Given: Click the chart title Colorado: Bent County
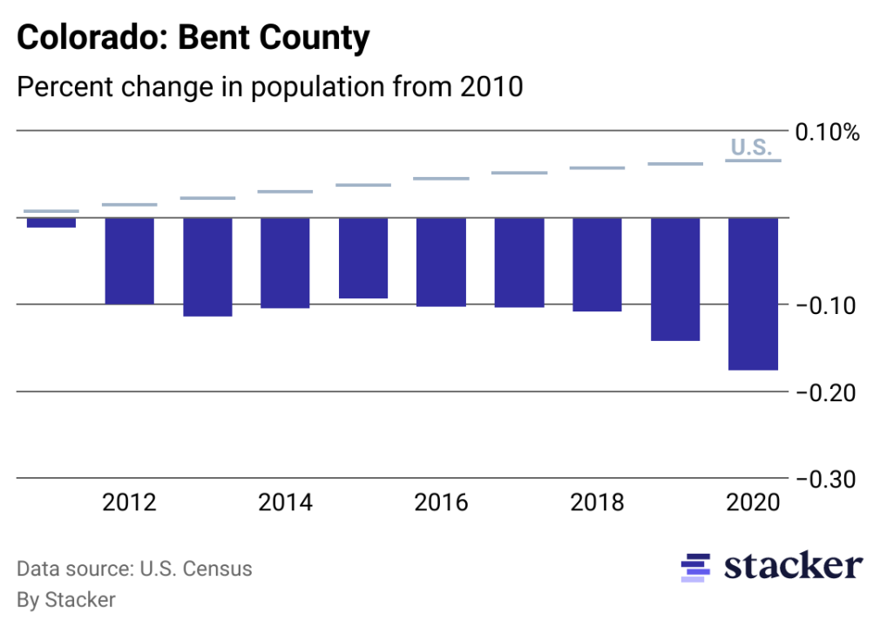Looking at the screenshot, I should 193,38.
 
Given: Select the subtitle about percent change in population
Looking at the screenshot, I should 270,87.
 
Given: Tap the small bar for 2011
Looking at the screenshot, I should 51,222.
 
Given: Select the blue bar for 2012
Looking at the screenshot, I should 130,261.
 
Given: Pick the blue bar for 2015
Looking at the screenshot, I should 363,258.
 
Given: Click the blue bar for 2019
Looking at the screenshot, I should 675,279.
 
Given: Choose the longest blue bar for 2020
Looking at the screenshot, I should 754,294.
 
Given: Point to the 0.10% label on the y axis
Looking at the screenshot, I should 827,133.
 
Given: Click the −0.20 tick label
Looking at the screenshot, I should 827,392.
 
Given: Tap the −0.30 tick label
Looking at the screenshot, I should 827,480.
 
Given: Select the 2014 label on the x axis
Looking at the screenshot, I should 286,503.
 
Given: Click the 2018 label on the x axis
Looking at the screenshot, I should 597,503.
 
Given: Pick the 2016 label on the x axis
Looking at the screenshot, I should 441,503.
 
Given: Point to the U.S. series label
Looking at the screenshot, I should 751,147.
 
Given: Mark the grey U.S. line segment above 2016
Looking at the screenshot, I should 441,179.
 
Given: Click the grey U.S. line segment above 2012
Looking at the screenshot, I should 130,205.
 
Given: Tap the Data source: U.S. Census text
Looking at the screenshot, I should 135,570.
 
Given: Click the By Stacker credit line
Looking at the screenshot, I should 66,599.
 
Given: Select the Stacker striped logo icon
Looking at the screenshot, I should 695,567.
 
